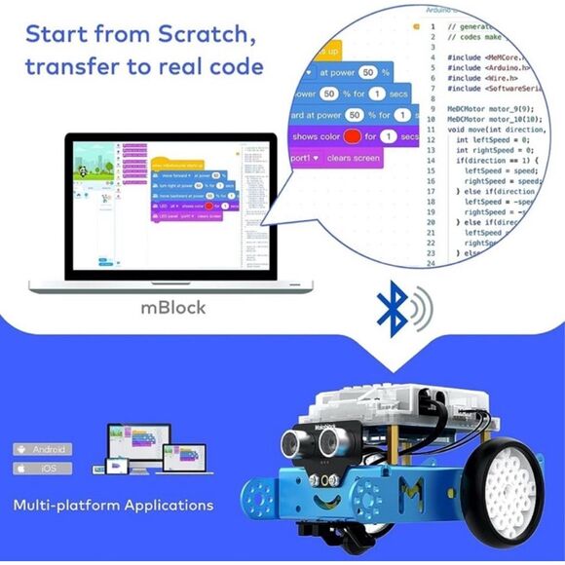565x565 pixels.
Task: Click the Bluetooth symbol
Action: pos(393,309)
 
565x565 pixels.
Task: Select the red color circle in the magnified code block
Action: pos(353,136)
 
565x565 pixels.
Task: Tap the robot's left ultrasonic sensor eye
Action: pos(289,444)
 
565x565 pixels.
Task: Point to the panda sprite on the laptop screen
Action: pos(85,171)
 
